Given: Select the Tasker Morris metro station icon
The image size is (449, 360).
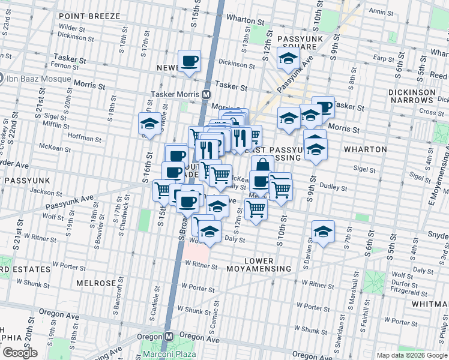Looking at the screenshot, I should coord(206,95).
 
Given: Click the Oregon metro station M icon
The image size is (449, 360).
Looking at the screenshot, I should coord(169,337).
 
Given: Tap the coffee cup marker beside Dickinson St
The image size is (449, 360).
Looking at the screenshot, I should coord(190,61).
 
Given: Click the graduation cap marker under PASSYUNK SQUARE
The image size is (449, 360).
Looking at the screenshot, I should coord(288,59).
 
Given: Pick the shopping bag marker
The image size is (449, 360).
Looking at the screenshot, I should coord(262,165).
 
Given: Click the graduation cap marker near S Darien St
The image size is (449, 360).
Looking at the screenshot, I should coord(323,232).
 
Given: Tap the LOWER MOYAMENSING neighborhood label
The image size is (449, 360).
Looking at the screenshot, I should coord(259,265).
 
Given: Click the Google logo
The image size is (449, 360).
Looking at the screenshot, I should coord(20,353).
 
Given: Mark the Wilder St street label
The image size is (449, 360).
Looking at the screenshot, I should coord(72,28).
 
